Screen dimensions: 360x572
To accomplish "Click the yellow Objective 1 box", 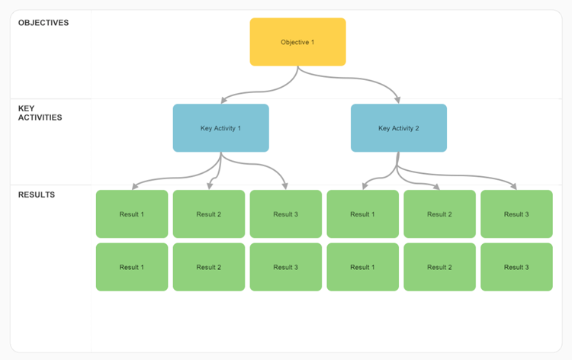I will click(297, 42).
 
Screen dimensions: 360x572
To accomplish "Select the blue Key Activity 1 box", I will click(220, 128).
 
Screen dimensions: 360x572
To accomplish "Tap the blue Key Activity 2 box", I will click(398, 128).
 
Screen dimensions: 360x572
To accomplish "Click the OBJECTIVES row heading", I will click(43, 23).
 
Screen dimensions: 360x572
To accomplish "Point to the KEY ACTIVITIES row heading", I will click(40, 113).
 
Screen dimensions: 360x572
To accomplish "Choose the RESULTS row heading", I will click(37, 194).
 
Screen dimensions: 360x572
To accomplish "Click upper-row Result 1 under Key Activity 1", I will click(131, 214).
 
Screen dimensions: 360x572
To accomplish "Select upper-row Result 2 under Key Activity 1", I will click(208, 214).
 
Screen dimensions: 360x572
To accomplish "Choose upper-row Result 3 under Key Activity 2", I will click(516, 214).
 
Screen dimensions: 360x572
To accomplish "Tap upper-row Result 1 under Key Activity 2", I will click(362, 214).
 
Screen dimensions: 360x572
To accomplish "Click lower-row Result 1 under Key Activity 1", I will click(131, 267).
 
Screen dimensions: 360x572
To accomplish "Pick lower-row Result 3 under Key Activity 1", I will click(285, 267).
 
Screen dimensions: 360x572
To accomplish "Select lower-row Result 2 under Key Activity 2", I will click(439, 267).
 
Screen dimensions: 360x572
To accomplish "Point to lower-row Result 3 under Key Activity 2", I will click(516, 267).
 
